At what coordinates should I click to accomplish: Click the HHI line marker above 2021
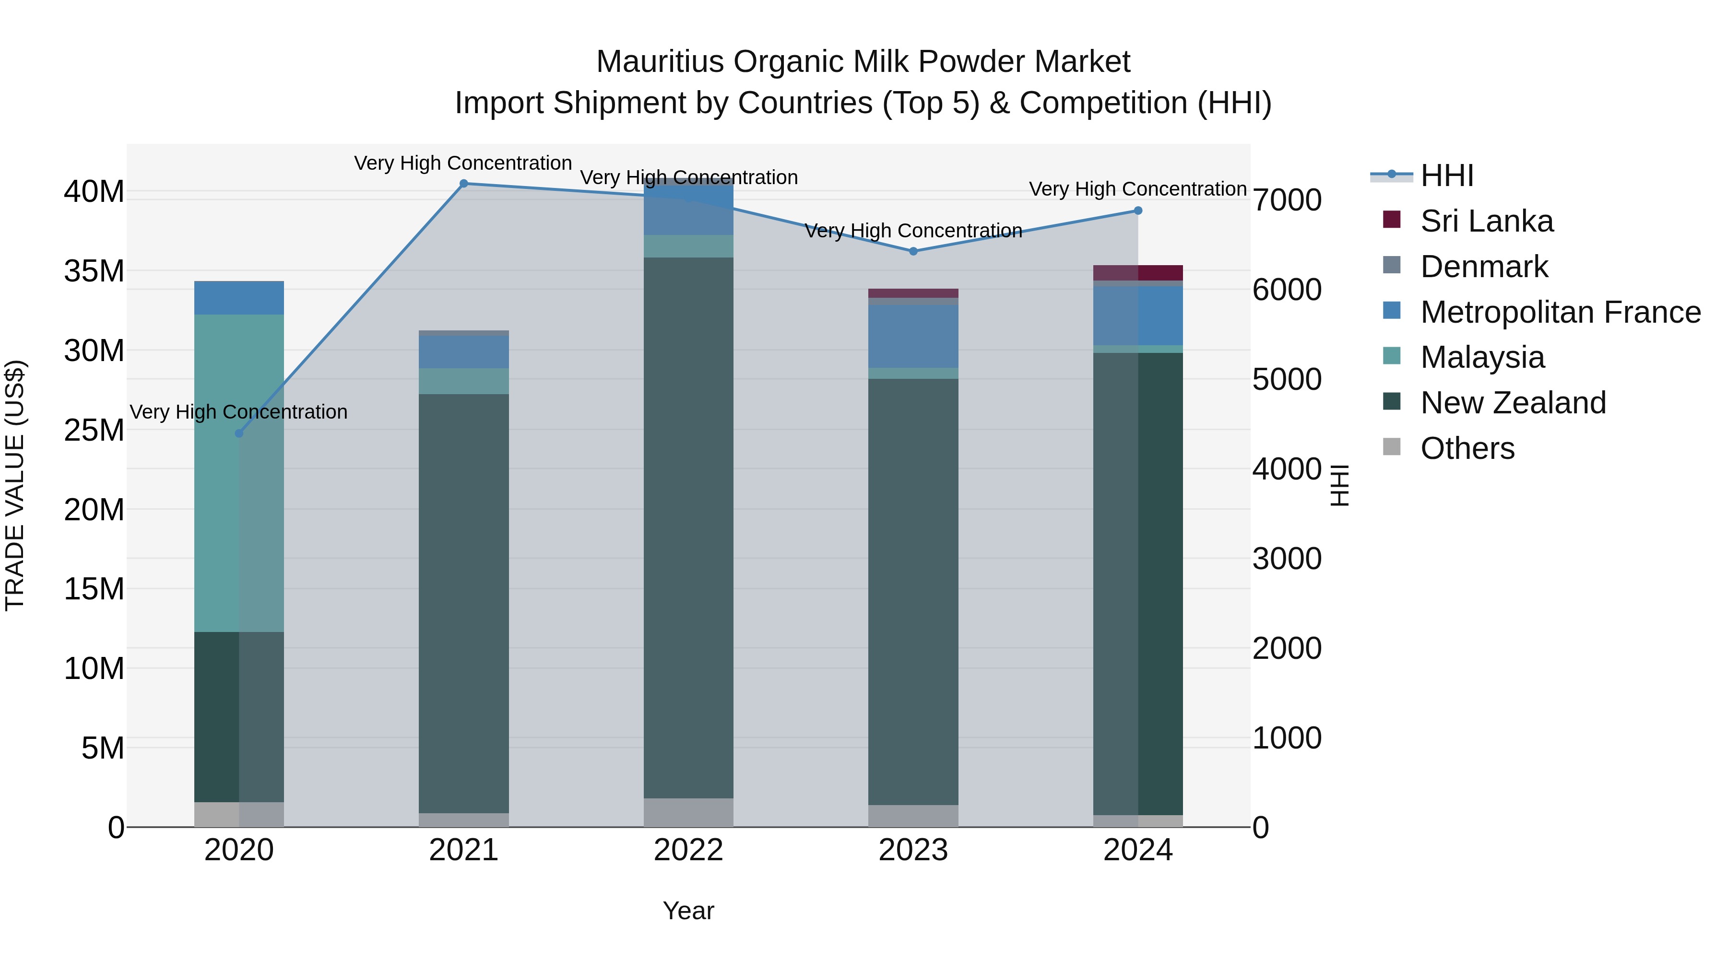click(x=463, y=184)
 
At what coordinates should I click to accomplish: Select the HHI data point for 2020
click(x=239, y=433)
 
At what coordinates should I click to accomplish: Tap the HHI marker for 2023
click(x=913, y=251)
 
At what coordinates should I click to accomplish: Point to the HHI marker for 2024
click(x=1138, y=211)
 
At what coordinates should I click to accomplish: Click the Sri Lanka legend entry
click(x=1486, y=221)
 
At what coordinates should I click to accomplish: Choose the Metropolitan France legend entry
click(x=1560, y=312)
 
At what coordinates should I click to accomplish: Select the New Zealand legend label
click(x=1513, y=403)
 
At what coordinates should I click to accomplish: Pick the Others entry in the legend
click(x=1467, y=448)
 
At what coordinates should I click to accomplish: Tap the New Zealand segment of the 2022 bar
click(x=688, y=527)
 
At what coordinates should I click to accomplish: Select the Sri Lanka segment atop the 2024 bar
click(x=1138, y=273)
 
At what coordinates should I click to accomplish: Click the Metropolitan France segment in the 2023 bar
click(x=913, y=337)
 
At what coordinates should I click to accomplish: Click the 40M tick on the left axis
click(x=94, y=192)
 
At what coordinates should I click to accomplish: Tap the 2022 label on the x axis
click(x=688, y=850)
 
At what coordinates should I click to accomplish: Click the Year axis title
click(x=688, y=911)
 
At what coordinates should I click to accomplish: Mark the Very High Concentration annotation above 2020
click(x=239, y=411)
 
